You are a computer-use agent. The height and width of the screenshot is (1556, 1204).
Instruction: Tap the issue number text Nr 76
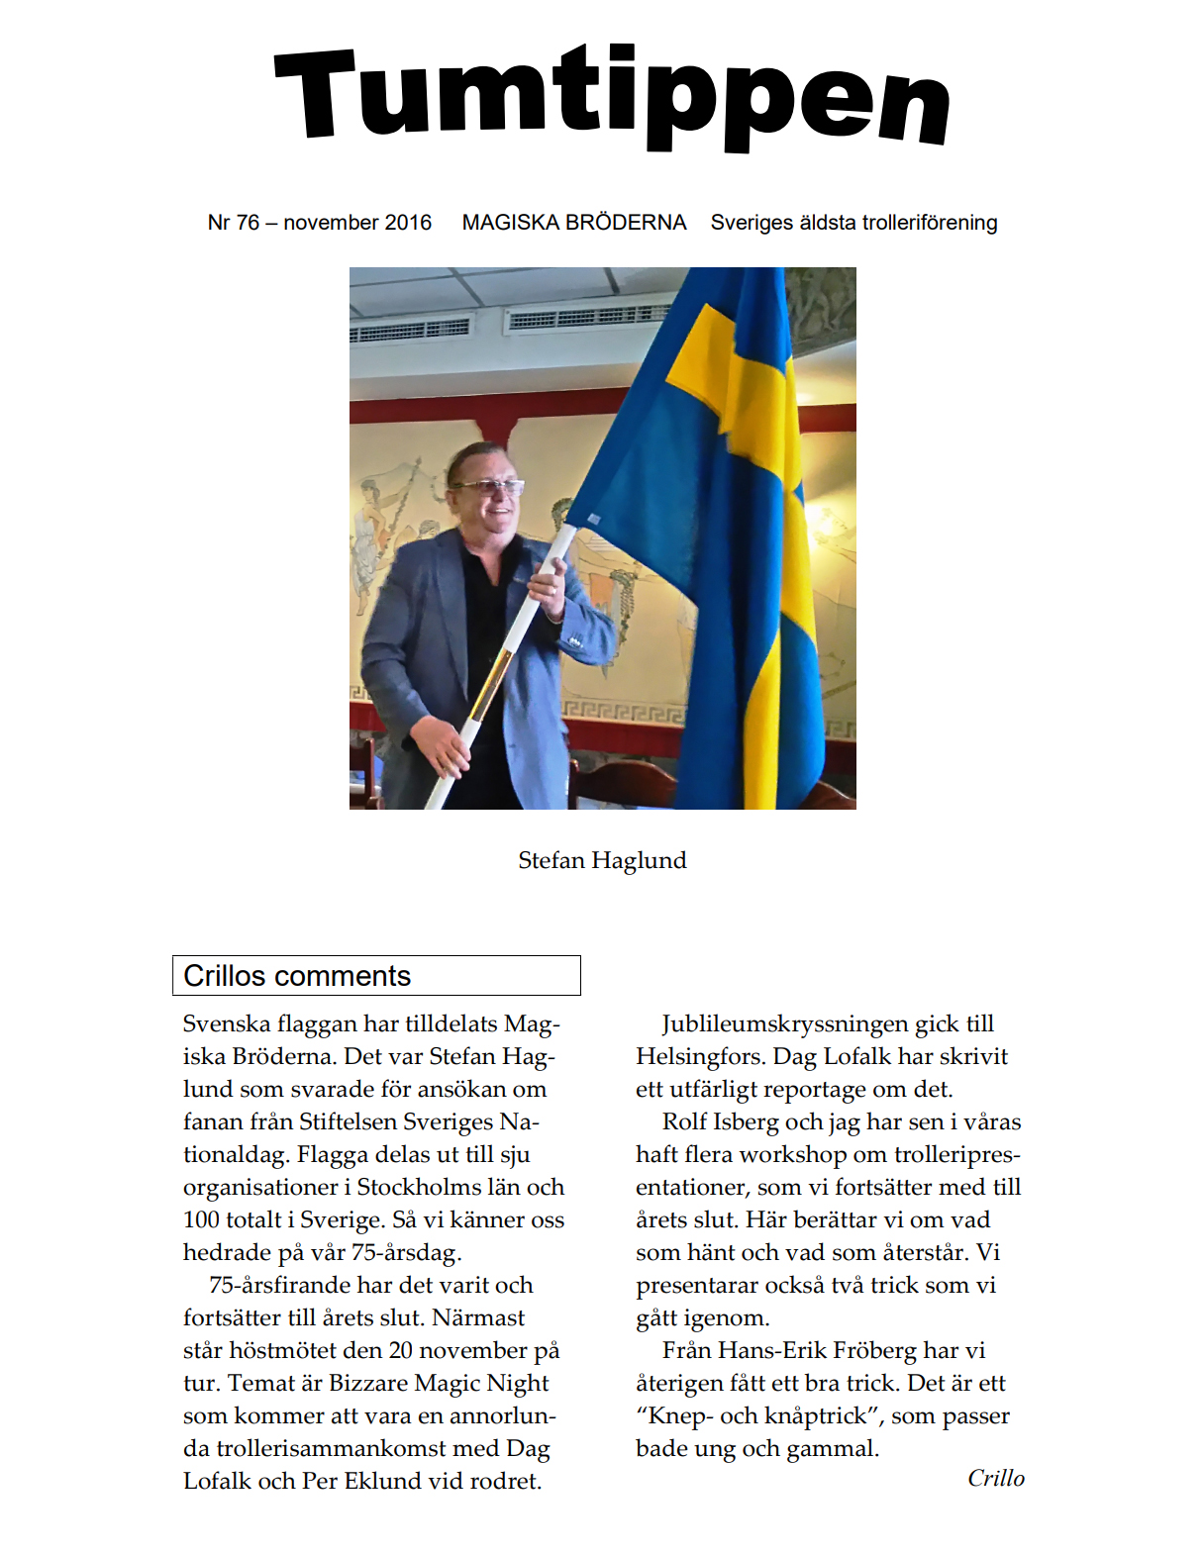[234, 223]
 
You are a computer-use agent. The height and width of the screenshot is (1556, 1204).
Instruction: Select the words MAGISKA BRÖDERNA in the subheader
[573, 223]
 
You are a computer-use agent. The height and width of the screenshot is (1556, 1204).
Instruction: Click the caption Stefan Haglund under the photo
[602, 860]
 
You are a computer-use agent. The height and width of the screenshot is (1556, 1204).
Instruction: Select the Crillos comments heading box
[376, 975]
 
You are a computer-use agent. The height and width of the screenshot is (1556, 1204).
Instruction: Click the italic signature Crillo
[995, 1478]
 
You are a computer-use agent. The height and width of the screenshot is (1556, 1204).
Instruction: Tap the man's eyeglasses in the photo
[487, 486]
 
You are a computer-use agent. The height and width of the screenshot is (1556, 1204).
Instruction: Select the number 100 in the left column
[201, 1219]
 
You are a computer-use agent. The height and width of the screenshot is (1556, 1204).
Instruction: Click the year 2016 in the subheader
[408, 223]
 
